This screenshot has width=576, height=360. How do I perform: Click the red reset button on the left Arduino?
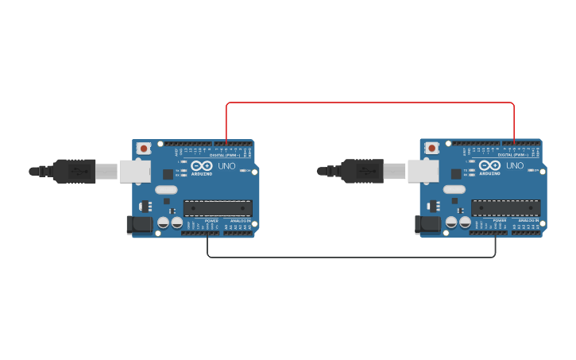(144, 148)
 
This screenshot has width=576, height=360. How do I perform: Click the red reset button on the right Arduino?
(431, 148)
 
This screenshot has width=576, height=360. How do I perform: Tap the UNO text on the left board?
(227, 165)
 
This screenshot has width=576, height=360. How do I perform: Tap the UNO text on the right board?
(515, 165)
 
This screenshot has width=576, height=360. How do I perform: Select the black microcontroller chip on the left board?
(218, 208)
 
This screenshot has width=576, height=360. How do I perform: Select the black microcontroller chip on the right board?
(505, 208)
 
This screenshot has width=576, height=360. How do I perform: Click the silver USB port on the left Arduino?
(134, 171)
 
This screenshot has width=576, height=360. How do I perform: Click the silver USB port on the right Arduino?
(423, 171)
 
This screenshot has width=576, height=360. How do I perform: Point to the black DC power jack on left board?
(140, 225)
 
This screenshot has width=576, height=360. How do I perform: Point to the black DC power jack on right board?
(428, 225)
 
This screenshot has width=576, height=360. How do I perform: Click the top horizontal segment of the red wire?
(369, 103)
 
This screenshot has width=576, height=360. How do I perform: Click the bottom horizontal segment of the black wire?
(351, 257)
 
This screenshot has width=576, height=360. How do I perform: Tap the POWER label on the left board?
(212, 220)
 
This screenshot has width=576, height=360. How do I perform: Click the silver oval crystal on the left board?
(166, 189)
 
